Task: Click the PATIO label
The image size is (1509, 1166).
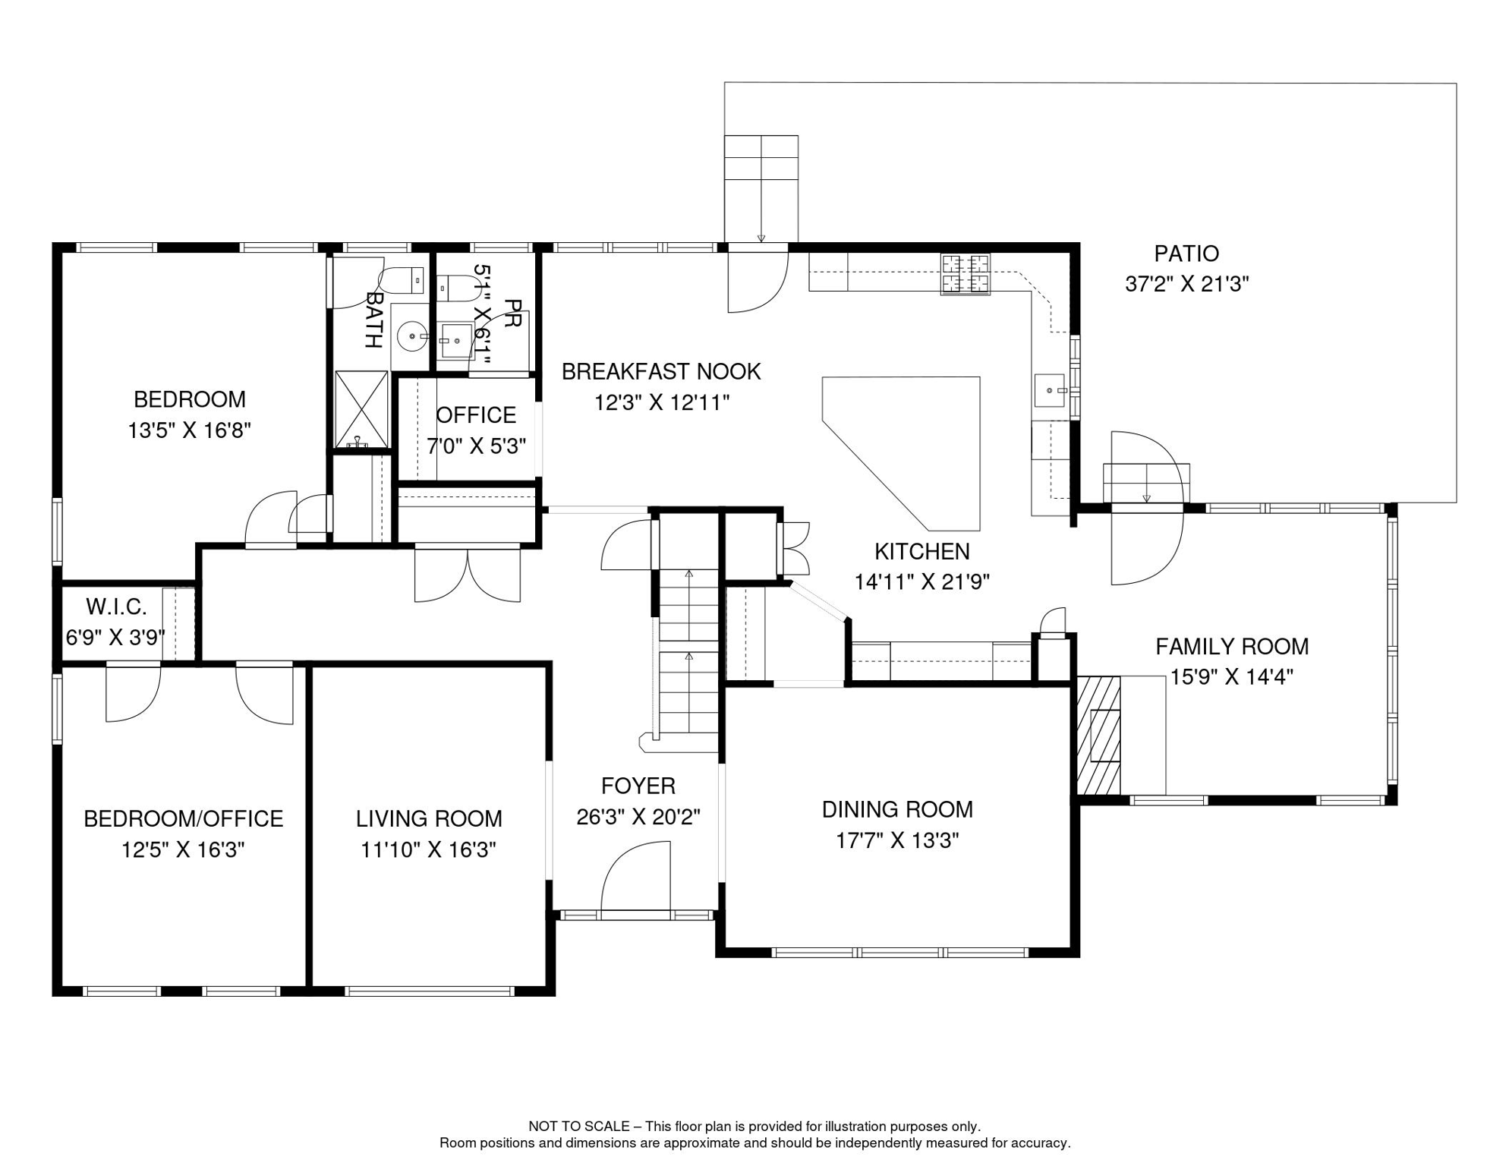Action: [1186, 254]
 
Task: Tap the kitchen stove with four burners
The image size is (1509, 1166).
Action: [966, 274]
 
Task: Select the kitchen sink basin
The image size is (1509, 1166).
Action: [1050, 390]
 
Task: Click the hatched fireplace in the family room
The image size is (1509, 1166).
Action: [1098, 736]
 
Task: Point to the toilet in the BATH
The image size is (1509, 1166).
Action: [402, 281]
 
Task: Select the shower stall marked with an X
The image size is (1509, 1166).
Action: [361, 410]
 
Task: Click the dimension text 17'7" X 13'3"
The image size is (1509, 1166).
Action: [897, 841]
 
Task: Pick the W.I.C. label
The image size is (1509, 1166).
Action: [116, 607]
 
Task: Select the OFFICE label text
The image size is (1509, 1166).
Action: [476, 415]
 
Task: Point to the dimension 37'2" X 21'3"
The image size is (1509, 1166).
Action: [1186, 284]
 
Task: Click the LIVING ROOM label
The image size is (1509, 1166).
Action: [429, 819]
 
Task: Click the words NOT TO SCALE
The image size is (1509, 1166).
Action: [579, 1127]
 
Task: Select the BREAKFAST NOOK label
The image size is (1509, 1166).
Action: [661, 372]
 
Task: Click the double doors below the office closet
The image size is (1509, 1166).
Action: [468, 574]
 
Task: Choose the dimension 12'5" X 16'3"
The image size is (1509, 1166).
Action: [183, 850]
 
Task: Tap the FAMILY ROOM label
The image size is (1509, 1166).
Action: [1232, 647]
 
